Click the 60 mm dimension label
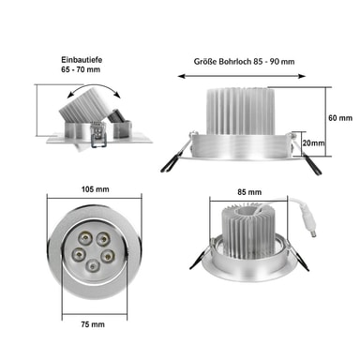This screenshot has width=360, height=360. (x=340, y=118)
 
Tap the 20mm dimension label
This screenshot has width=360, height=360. (x=313, y=142)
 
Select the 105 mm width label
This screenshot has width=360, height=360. (x=96, y=189)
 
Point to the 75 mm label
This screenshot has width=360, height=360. (x=93, y=324)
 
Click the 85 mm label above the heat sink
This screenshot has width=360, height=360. (x=249, y=192)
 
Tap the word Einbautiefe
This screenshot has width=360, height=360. (x=82, y=59)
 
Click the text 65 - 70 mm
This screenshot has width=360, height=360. (x=81, y=69)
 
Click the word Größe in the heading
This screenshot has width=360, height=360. (x=205, y=62)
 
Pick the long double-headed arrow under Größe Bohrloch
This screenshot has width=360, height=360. (x=242, y=76)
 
